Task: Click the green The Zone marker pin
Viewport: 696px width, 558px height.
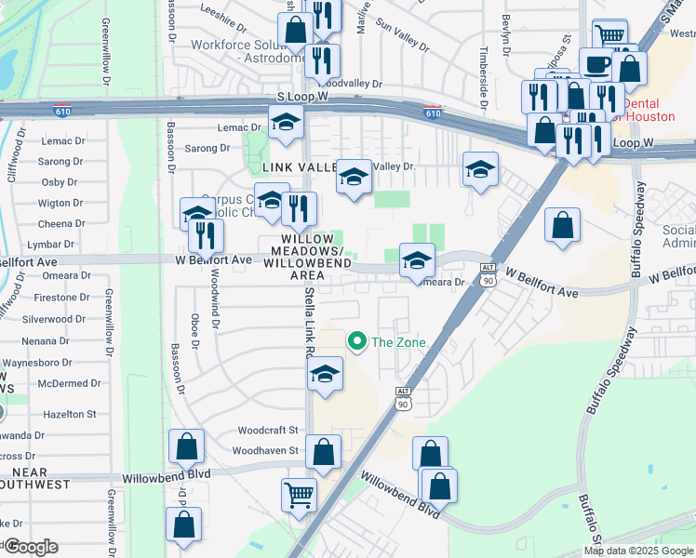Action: [355, 342]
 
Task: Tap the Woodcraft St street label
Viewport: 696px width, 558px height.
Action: [267, 431]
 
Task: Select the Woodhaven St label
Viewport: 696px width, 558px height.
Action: [267, 451]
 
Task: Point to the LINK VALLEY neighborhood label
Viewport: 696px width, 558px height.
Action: [299, 167]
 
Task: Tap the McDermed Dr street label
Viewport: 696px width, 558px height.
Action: [55, 383]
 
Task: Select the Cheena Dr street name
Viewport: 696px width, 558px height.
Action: [61, 224]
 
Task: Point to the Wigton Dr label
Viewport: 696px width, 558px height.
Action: [60, 203]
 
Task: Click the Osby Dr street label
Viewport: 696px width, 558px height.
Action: [60, 182]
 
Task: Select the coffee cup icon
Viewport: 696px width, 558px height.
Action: [596, 64]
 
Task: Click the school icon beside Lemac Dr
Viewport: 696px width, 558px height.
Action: [287, 121]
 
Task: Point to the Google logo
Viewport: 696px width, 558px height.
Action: [31, 547]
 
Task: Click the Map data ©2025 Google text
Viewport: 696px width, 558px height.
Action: [638, 551]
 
